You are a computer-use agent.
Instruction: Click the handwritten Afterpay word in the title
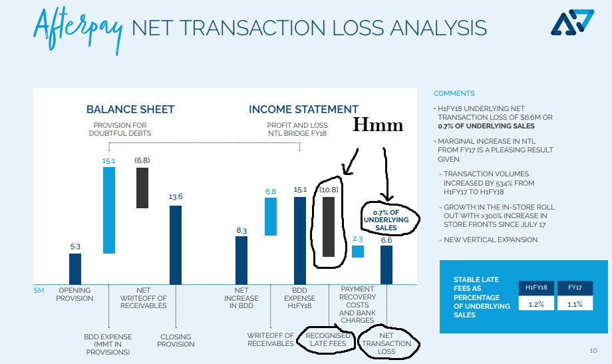point(78,29)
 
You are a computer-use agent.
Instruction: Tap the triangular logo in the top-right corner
point(572,22)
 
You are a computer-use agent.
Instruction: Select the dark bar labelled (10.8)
point(329,226)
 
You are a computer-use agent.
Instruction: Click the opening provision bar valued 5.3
point(75,269)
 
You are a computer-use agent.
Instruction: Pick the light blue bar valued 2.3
point(357,251)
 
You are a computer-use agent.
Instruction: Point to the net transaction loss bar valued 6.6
point(386,265)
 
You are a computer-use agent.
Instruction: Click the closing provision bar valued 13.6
point(176,245)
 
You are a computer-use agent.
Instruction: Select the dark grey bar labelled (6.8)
point(142,188)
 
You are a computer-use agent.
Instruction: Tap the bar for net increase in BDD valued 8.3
point(241,260)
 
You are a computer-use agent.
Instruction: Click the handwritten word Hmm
point(378,125)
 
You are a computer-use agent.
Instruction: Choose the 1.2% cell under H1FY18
point(536,303)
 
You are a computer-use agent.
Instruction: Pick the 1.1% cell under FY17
point(575,303)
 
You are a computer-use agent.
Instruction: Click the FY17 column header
point(575,288)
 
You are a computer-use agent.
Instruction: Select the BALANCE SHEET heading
point(130,109)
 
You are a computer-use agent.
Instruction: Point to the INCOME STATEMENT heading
point(303,109)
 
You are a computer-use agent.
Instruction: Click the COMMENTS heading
point(454,93)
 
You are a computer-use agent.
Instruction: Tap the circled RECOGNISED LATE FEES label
point(328,339)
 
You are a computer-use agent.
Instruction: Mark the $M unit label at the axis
point(39,290)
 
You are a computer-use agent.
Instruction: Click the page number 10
point(593,351)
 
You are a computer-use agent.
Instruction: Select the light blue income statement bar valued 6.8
point(271,216)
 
